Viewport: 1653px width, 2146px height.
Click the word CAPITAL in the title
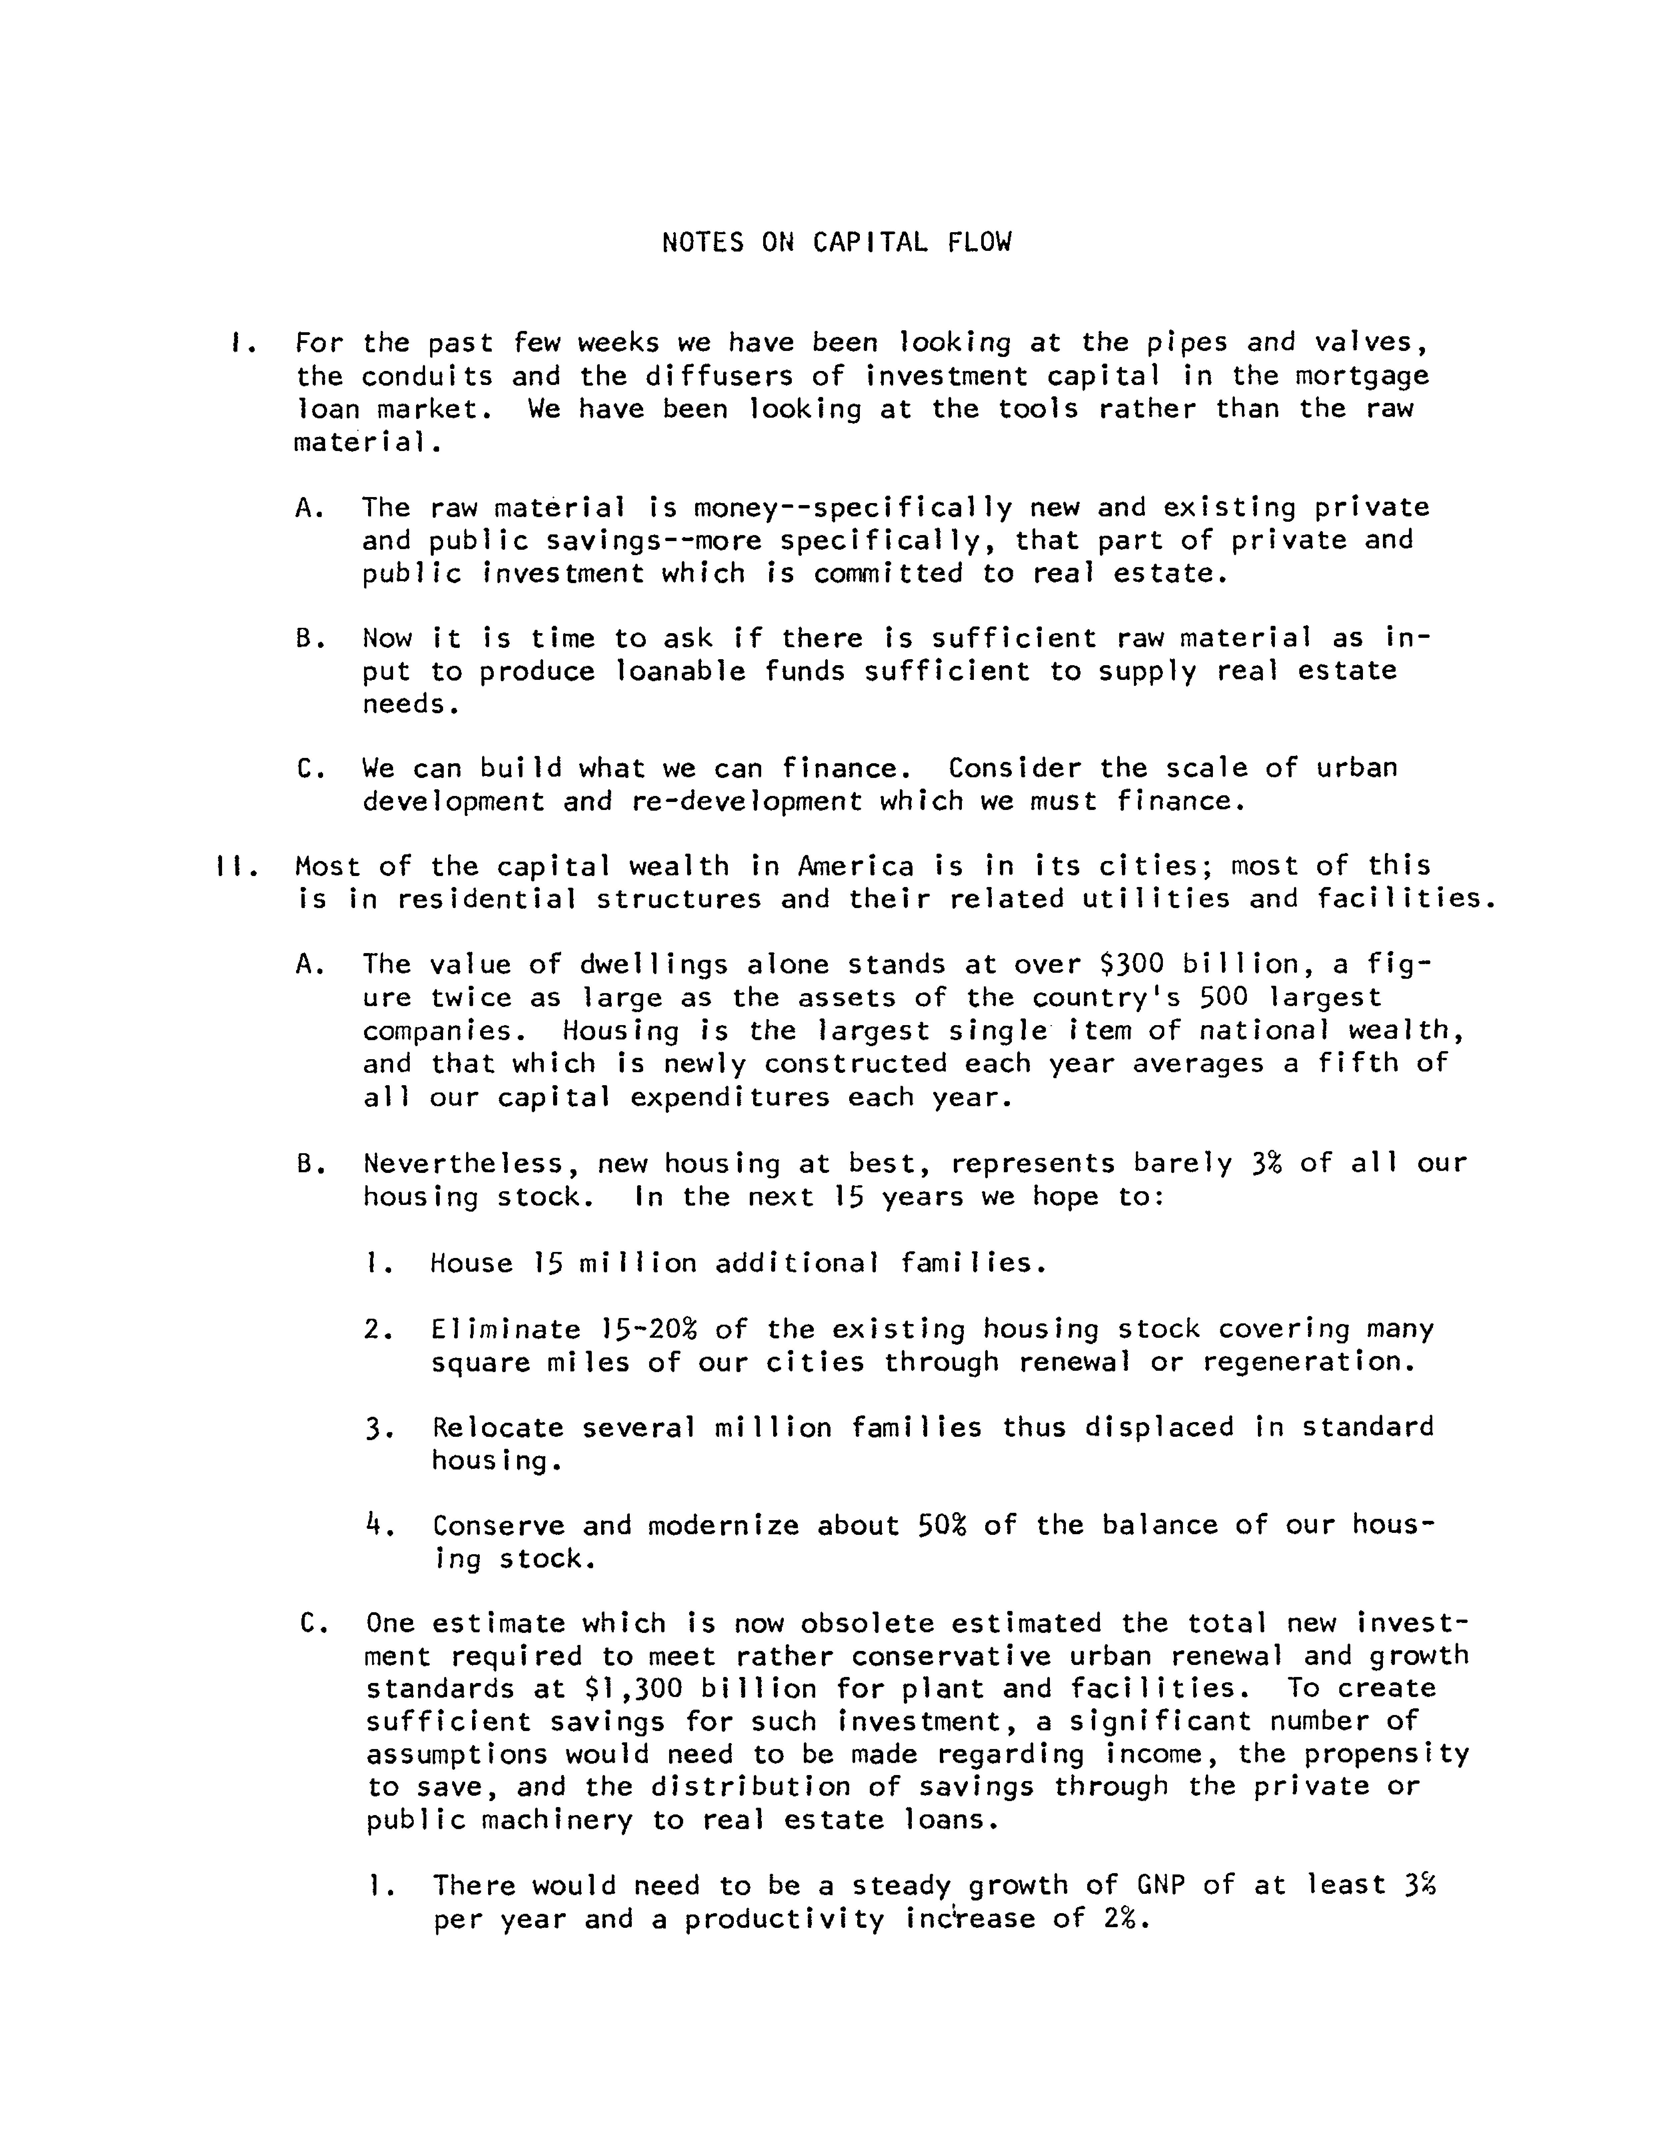(869, 243)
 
